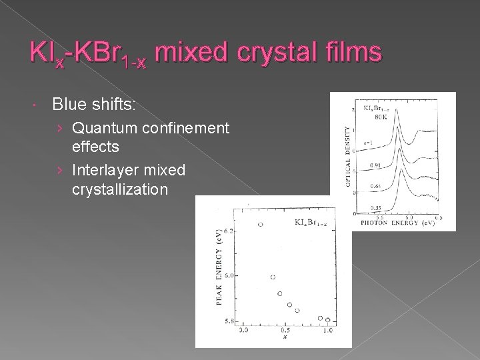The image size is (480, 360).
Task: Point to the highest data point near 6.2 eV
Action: pos(261,225)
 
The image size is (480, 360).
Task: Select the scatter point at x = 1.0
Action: pos(328,321)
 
